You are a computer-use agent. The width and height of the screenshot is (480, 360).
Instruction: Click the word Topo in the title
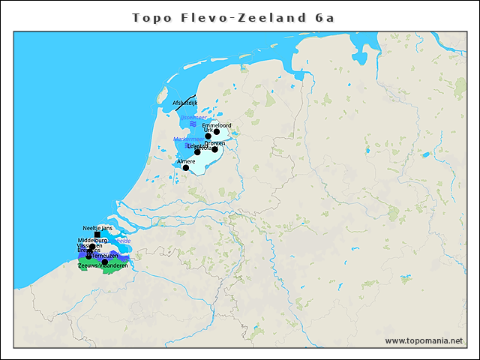click(x=151, y=16)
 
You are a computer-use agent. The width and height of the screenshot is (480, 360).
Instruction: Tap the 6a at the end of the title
click(x=324, y=16)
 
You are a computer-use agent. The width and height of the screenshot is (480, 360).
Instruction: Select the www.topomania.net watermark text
click(x=424, y=340)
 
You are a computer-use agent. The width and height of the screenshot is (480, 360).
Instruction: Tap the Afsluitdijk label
click(x=184, y=103)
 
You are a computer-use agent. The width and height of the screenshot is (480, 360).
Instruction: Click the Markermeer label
click(x=186, y=139)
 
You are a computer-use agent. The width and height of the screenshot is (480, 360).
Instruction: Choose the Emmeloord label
click(x=217, y=125)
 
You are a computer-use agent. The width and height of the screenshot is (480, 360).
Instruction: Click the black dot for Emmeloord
click(x=217, y=132)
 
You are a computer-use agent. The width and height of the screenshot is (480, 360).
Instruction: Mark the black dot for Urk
click(x=208, y=136)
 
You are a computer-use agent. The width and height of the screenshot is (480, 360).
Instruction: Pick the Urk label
click(x=208, y=130)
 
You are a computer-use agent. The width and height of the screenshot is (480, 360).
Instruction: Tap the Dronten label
click(x=214, y=142)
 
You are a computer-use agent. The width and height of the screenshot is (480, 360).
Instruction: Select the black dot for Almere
click(x=185, y=168)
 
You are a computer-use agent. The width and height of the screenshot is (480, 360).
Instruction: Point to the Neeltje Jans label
click(x=97, y=227)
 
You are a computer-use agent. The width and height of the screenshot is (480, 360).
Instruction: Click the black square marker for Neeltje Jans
click(x=97, y=234)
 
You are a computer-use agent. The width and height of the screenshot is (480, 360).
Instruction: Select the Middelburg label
click(x=92, y=240)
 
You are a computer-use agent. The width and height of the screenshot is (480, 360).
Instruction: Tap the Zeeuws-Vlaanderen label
click(x=103, y=265)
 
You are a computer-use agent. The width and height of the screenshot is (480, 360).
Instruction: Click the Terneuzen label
click(x=106, y=256)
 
